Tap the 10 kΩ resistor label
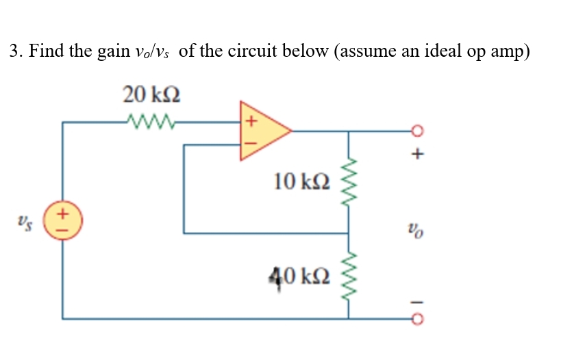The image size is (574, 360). coord(301,181)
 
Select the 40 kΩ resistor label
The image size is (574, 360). coord(301,277)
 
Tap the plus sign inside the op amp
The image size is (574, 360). coord(250,122)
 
